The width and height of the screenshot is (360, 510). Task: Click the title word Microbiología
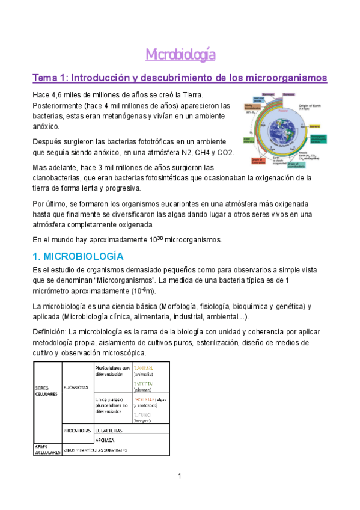[180, 55]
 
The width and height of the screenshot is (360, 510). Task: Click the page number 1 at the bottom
[179, 477]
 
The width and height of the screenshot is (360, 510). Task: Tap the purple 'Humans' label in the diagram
[288, 94]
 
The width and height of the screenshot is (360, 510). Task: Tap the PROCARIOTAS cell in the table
[77, 430]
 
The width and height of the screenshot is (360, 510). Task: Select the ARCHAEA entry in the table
[105, 440]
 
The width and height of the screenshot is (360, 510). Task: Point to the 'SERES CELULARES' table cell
[46, 391]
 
